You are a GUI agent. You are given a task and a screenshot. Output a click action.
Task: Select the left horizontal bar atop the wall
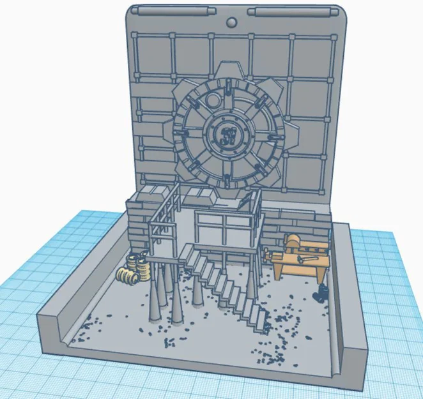click(171, 11)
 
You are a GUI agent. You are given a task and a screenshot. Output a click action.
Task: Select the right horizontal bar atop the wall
click(289, 12)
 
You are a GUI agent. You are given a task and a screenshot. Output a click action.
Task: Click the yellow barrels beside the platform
click(134, 269)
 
